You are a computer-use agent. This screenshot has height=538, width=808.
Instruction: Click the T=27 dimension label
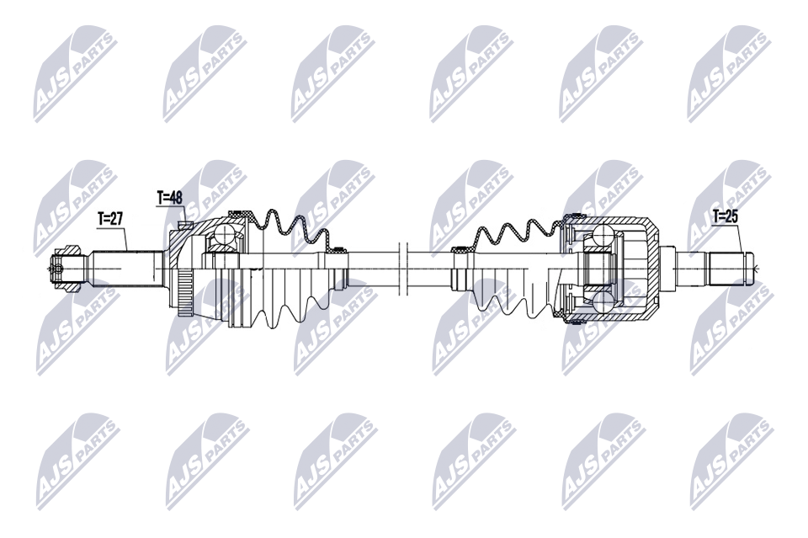pyautogui.click(x=110, y=218)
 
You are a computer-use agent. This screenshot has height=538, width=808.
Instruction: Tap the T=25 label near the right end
pyautogui.click(x=725, y=216)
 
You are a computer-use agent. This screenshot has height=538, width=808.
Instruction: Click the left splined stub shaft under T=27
pyautogui.click(x=126, y=269)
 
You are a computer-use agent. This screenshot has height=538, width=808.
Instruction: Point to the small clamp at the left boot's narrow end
pyautogui.click(x=339, y=249)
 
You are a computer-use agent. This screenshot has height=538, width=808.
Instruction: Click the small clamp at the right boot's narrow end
pyautogui.click(x=459, y=249)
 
